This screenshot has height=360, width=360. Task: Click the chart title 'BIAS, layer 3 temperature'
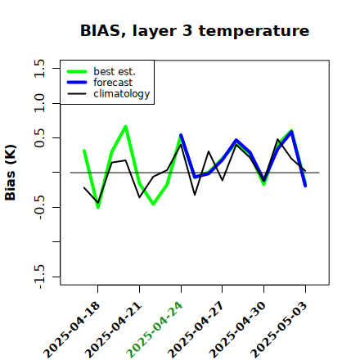point(195,31)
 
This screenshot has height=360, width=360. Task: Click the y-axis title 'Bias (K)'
point(11,173)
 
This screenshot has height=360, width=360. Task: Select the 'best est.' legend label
point(115,71)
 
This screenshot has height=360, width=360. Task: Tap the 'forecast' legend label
point(113,83)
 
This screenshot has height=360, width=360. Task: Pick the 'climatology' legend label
point(122,94)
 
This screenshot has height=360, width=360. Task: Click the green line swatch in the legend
point(77,71)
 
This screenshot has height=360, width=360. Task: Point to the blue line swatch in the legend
point(77,83)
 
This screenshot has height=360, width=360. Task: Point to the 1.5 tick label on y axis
point(39,68)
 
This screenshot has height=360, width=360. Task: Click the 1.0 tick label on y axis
point(39,103)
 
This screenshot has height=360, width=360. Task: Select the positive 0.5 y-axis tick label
point(39,138)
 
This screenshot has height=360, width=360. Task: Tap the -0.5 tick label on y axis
point(39,207)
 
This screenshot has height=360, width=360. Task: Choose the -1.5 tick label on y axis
point(39,277)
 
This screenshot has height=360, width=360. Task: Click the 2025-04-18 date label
point(72,330)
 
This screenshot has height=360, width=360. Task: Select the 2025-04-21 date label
point(114,330)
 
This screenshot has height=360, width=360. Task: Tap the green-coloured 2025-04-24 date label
point(155,330)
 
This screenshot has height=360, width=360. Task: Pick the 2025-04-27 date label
point(196,330)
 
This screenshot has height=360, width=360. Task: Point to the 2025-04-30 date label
point(238,330)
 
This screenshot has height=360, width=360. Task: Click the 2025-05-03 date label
point(279,330)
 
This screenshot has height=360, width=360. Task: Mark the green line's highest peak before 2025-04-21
point(126,126)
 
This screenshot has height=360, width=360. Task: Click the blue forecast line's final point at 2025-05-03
point(305,186)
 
